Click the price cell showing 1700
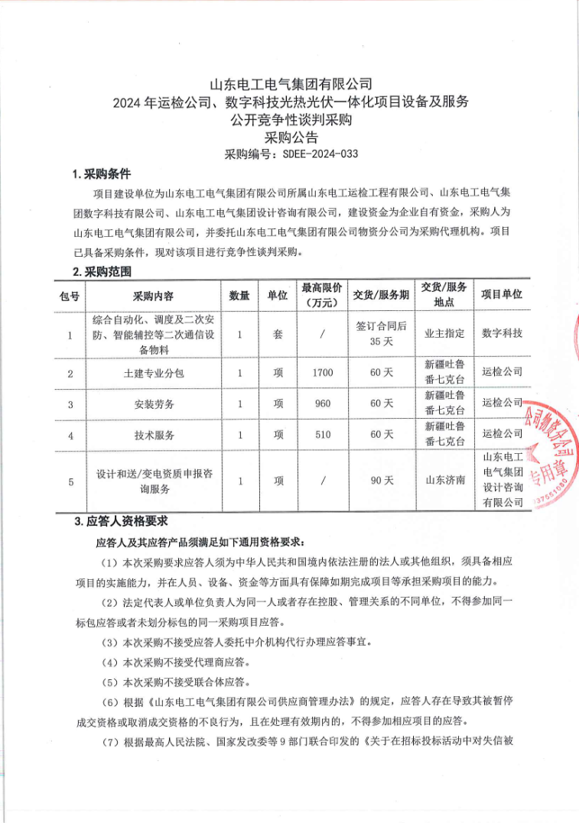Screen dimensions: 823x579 click(323, 374)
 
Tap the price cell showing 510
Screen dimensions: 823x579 click(323, 435)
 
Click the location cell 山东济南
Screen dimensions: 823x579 click(445, 481)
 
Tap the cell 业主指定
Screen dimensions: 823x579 click(445, 334)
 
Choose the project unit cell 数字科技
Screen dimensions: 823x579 click(503, 334)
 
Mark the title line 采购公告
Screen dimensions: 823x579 click(291, 138)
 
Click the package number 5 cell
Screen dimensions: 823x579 click(70, 481)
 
